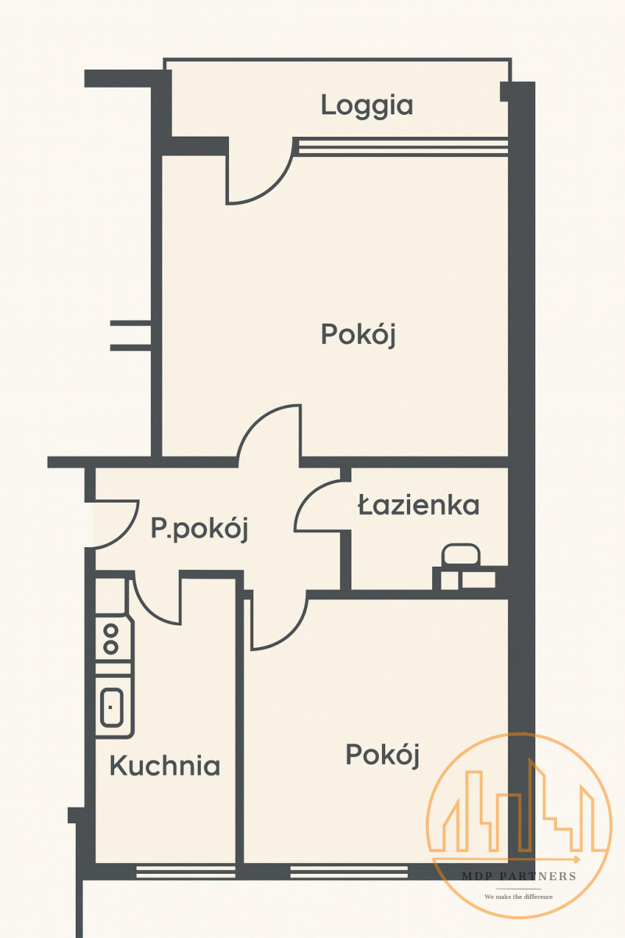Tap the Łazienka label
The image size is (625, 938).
[x=419, y=505]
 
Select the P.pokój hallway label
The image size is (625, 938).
[x=199, y=530]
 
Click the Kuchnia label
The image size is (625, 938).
[x=165, y=765]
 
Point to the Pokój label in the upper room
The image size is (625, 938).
[x=359, y=335]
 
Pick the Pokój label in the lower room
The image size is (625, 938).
[x=383, y=755]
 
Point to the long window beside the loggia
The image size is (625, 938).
[x=402, y=148]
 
